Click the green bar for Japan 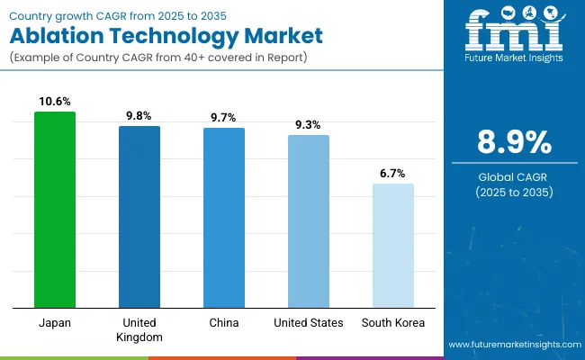(x=55, y=210)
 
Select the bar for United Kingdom (x=139, y=217)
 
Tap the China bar (x=224, y=218)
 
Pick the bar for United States (x=309, y=221)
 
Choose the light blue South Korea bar (x=393, y=246)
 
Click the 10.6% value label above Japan (x=55, y=102)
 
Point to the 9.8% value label (x=139, y=116)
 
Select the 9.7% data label (x=224, y=118)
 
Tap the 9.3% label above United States (x=309, y=125)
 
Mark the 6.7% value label (x=393, y=174)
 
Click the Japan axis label (x=55, y=323)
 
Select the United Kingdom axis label (x=139, y=329)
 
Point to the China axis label (x=224, y=323)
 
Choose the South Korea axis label (x=393, y=323)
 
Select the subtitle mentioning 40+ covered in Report (x=166, y=59)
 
